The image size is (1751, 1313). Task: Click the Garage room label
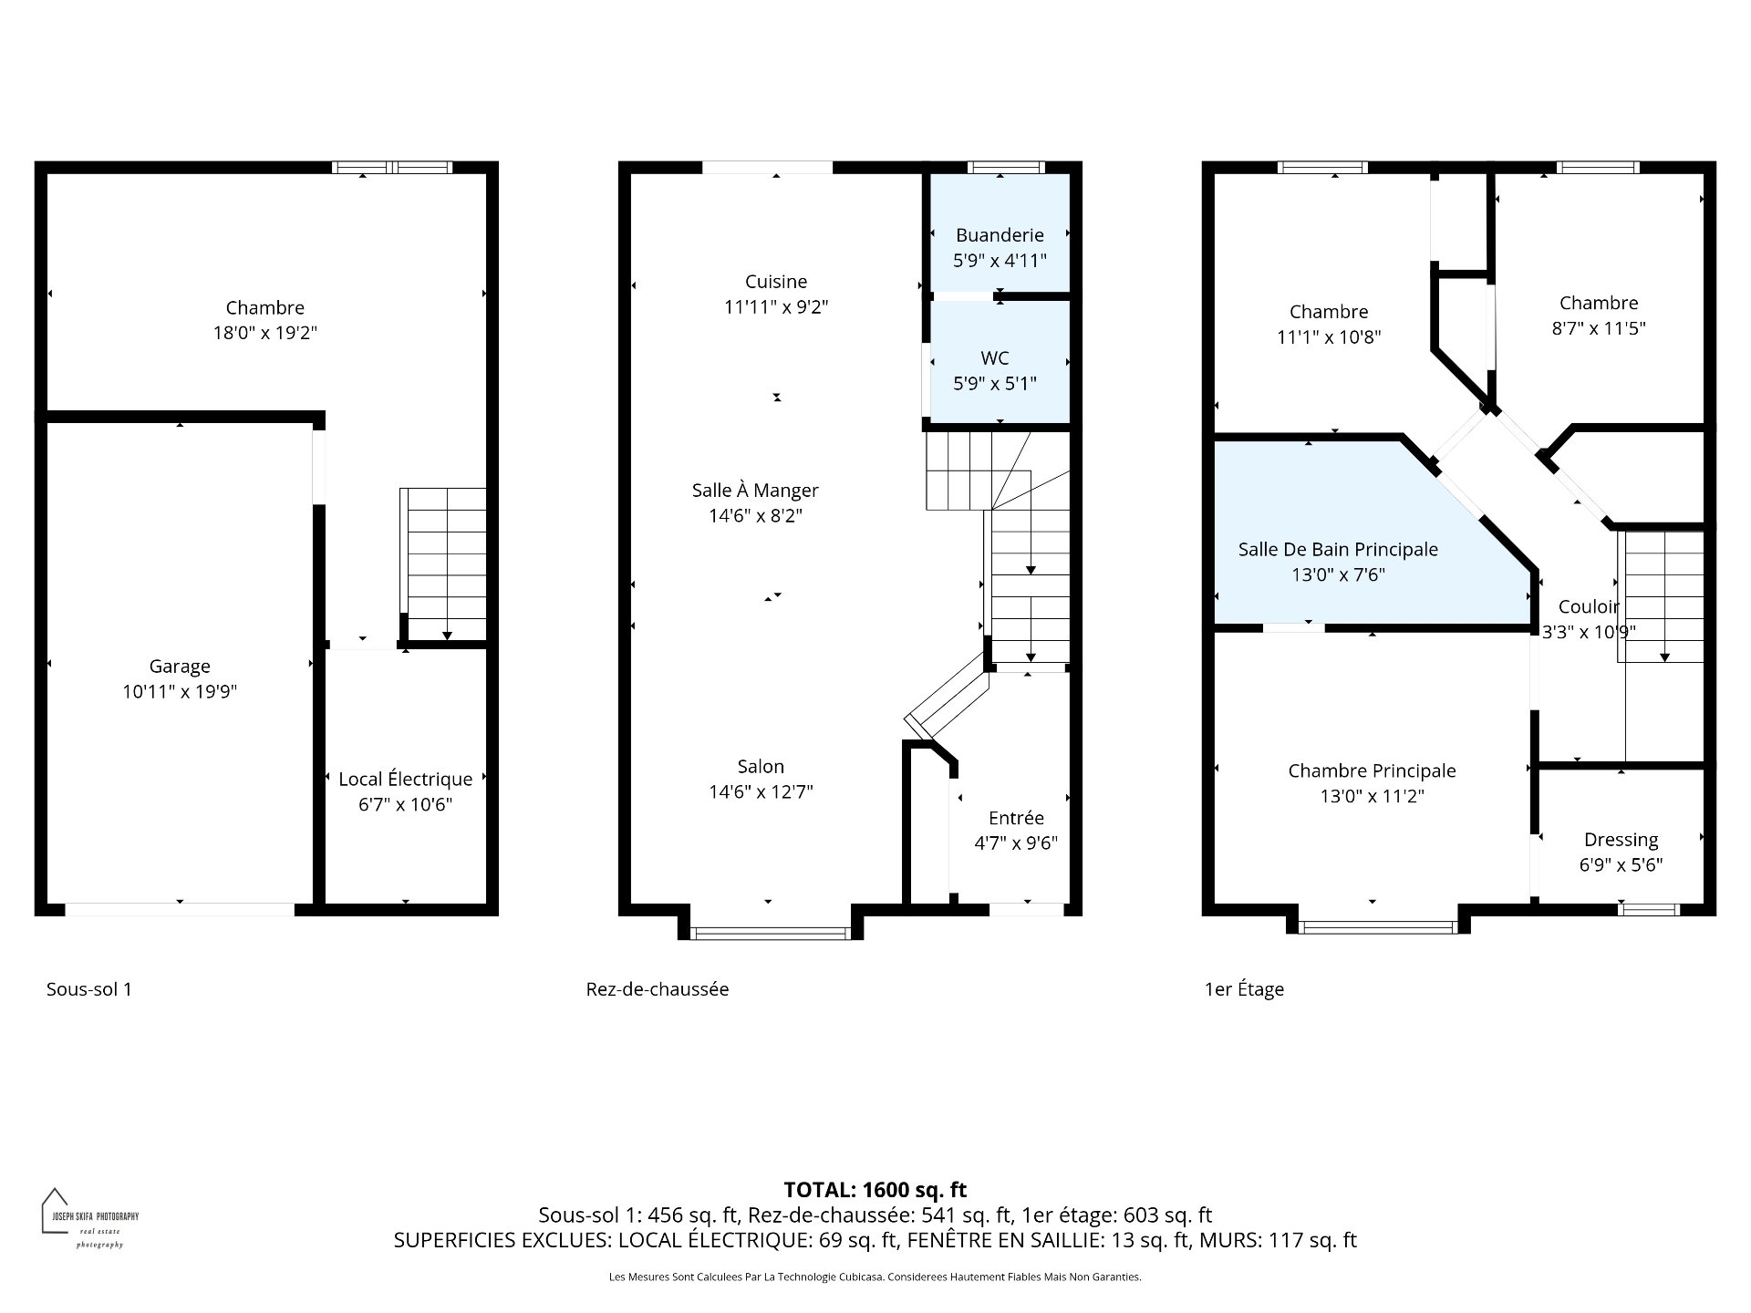[180, 667]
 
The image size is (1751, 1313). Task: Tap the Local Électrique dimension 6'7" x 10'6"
[406, 804]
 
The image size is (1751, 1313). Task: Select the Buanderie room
[1000, 234]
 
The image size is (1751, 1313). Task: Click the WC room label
[995, 358]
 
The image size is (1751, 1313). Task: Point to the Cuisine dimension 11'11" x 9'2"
[776, 307]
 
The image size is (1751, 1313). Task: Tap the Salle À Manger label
[755, 491]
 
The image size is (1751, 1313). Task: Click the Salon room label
[761, 767]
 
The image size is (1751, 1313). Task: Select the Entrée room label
[1016, 818]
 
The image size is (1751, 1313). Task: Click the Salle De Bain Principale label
[1338, 549]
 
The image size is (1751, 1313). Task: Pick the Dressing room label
[1621, 840]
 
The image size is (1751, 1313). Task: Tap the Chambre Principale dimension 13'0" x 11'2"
[1372, 796]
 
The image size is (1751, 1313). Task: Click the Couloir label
[1589, 606]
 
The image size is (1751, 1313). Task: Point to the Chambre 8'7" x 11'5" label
[1598, 304]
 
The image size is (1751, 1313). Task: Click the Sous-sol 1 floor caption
[89, 989]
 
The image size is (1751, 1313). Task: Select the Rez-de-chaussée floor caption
[657, 989]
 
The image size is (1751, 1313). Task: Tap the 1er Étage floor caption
[1244, 989]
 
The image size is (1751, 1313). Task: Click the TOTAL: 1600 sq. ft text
[875, 1190]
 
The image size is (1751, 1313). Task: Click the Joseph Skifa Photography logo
[89, 1218]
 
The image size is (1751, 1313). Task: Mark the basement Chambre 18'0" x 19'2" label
[264, 308]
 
